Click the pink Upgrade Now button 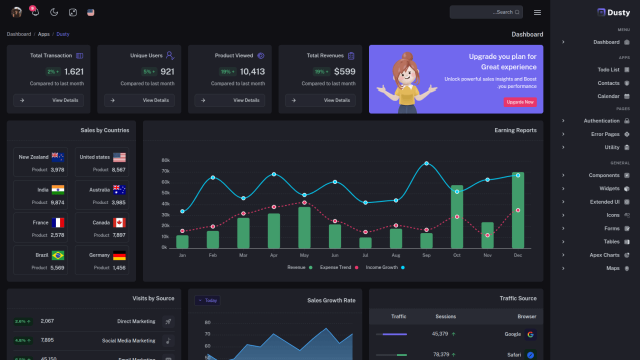point(520,102)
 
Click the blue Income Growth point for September point(426,163)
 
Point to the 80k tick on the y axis point(165,160)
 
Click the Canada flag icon point(119,222)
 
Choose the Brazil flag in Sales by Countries point(58,255)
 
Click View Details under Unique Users point(139,100)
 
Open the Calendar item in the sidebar point(608,96)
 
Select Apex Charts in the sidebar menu point(604,255)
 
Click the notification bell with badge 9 point(35,12)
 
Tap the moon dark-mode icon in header point(54,12)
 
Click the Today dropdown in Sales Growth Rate point(207,300)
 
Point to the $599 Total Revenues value point(344,71)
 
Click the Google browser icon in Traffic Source point(530,334)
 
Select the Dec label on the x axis point(517,255)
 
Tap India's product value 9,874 point(57,202)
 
